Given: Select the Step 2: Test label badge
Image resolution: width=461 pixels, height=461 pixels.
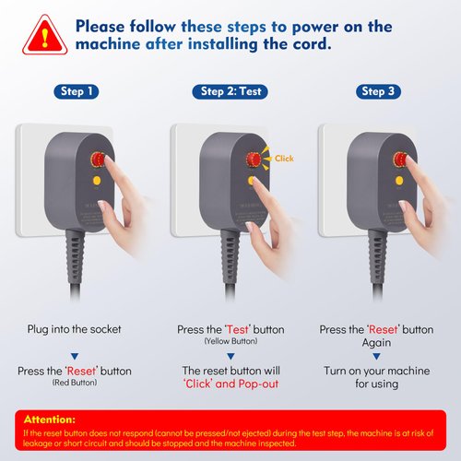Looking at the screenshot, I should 230,91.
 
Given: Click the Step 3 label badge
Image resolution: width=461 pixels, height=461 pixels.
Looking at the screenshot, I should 378,91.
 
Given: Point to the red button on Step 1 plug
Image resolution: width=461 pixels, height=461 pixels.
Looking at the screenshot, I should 96,159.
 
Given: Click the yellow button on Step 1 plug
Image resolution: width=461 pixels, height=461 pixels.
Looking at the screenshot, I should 96,182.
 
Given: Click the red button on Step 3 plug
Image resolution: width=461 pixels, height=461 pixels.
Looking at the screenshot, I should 399,160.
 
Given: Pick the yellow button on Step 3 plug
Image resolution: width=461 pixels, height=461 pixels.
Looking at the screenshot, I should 399,182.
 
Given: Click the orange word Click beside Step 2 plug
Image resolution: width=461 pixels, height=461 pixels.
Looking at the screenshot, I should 284,159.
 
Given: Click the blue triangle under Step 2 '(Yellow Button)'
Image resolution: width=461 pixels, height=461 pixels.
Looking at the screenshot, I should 230,355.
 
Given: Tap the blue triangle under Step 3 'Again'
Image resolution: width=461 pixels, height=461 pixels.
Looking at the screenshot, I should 378,355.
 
